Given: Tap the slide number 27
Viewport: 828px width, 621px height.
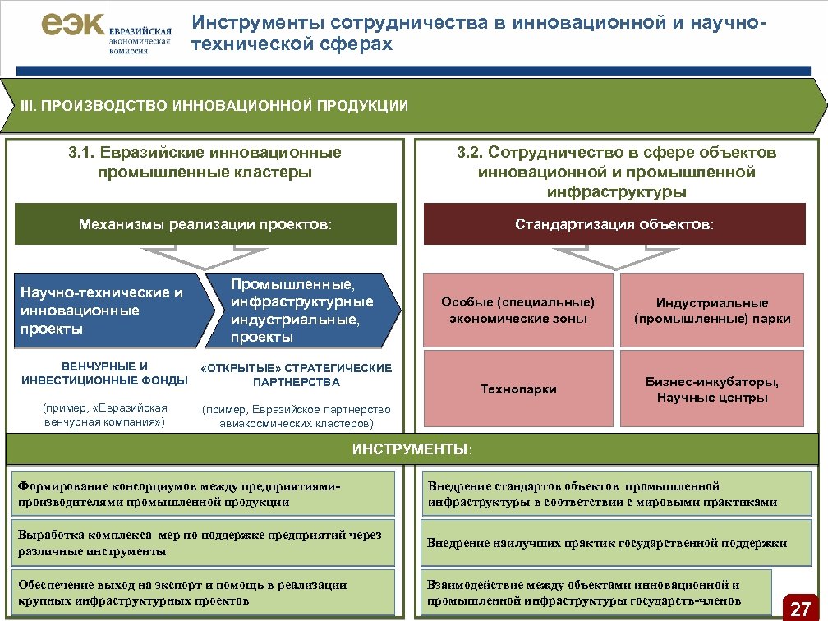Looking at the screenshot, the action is pyautogui.click(x=800, y=608).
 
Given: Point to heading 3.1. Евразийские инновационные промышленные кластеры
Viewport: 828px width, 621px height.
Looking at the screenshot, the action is pyautogui.click(x=205, y=162).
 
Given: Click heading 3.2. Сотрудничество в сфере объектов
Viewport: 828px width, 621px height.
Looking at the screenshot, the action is pyautogui.click(x=616, y=172).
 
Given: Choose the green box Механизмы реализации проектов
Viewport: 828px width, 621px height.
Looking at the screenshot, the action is pyautogui.click(x=205, y=223).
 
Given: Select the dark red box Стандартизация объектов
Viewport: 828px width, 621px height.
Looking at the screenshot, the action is pyautogui.click(x=614, y=223).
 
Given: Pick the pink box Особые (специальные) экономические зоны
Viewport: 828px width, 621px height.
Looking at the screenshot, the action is pyautogui.click(x=517, y=310).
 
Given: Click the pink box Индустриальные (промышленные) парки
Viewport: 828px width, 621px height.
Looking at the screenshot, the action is pyautogui.click(x=712, y=310).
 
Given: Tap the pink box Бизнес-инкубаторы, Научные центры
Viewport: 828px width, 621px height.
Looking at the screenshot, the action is pyautogui.click(x=712, y=389).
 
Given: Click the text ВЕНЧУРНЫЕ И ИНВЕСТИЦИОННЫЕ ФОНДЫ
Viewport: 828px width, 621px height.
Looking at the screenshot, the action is pyautogui.click(x=104, y=374).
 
